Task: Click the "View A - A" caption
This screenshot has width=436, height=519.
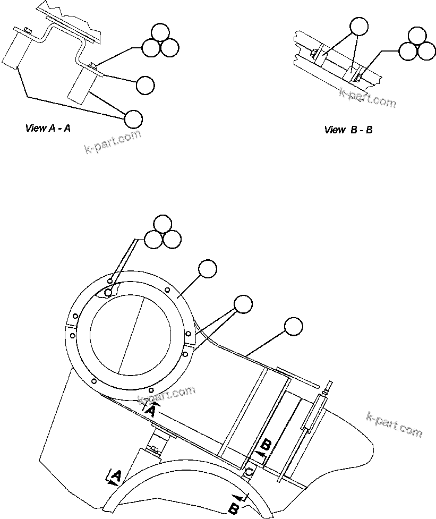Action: point(48,128)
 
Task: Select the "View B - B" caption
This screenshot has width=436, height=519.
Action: point(348,130)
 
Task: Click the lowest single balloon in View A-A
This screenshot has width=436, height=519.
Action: point(133,118)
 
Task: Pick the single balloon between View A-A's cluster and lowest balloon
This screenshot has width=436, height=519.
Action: point(145,85)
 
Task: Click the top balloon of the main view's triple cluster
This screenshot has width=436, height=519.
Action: point(163,224)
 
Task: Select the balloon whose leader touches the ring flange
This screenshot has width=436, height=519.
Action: point(208,269)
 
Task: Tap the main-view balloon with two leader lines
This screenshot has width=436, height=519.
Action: point(243,303)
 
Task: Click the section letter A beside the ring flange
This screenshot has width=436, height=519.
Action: point(151,410)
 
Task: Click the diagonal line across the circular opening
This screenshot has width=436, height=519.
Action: point(131,334)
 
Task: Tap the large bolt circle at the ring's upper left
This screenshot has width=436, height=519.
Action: point(108,293)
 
